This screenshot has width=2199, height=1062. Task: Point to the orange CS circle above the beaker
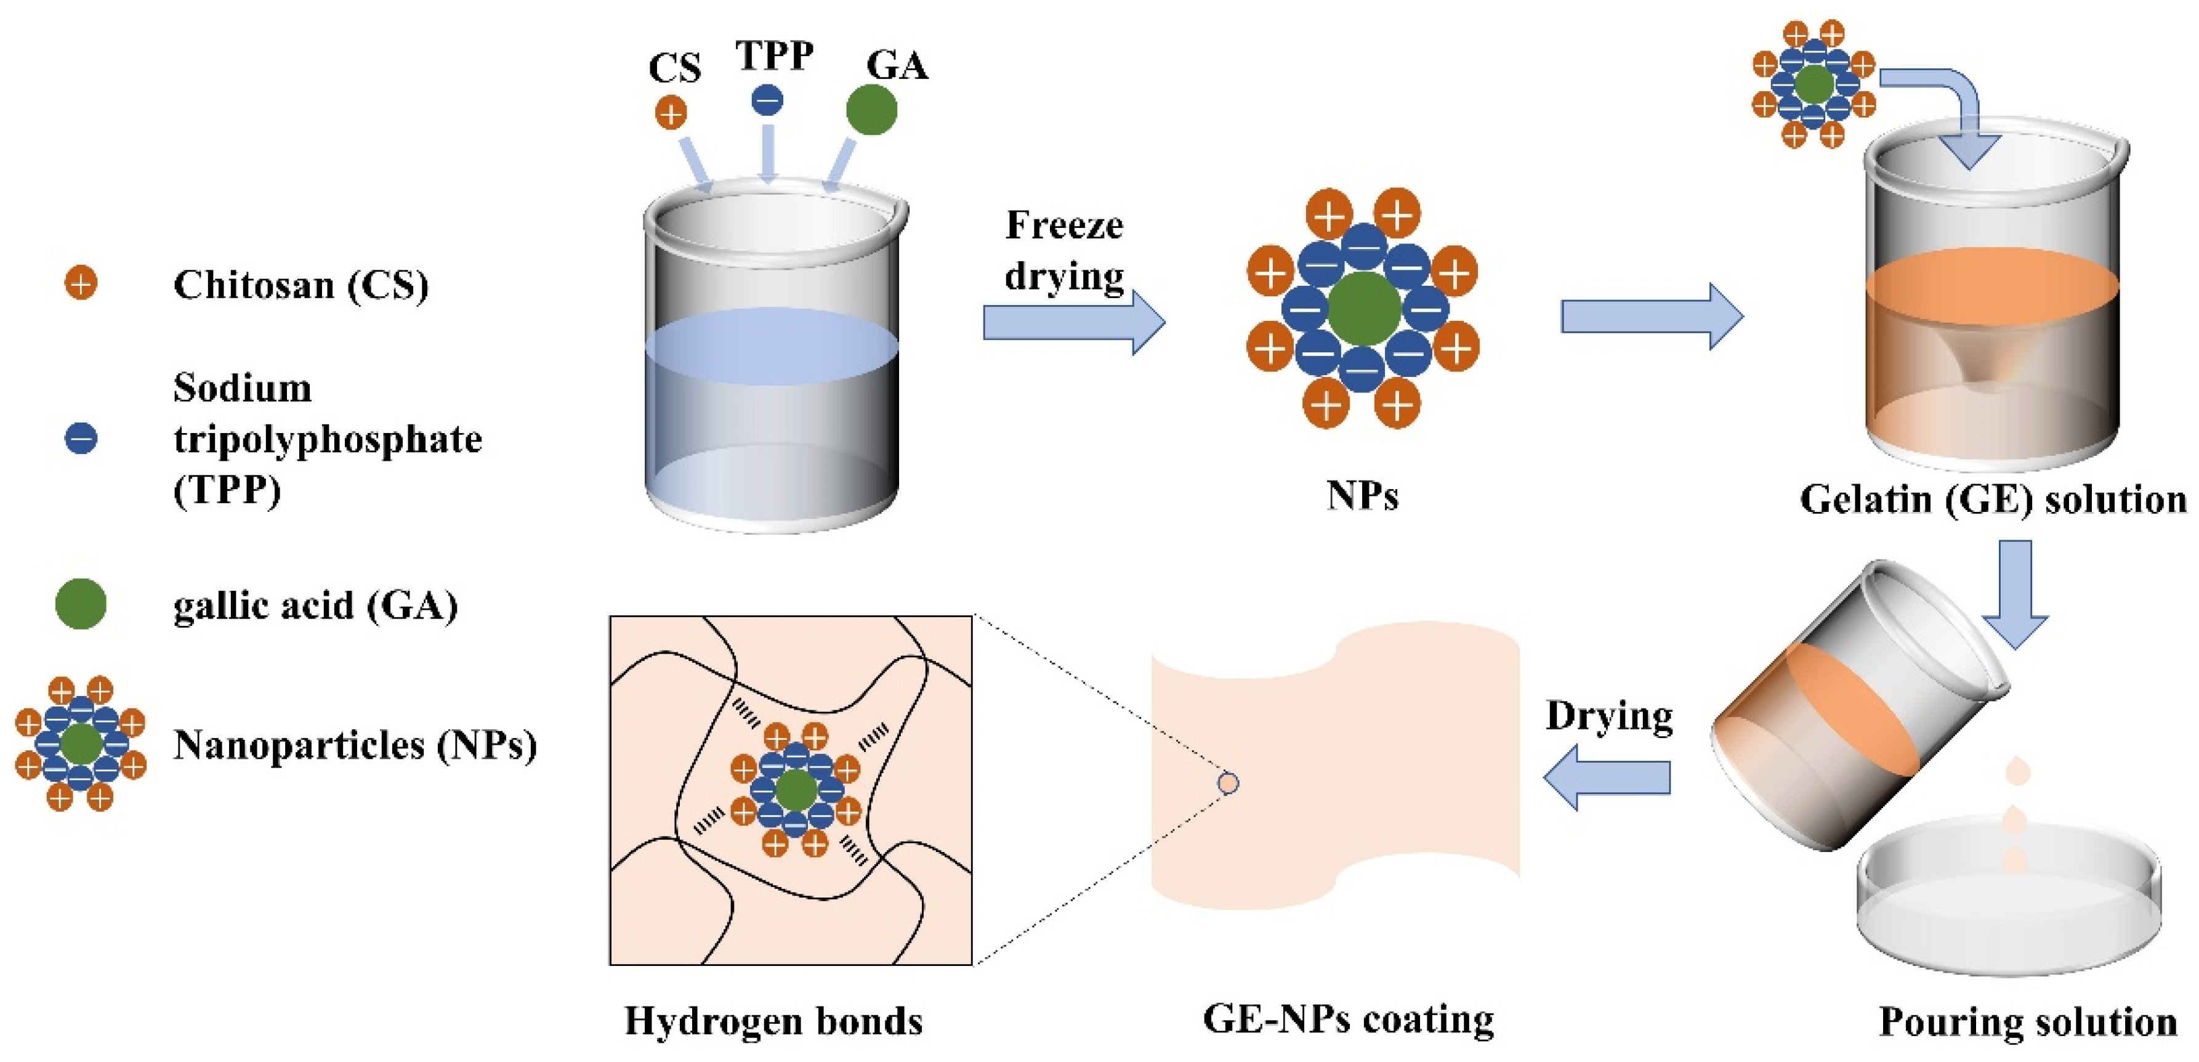[671, 113]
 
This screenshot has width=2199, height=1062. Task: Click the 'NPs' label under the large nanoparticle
[1362, 495]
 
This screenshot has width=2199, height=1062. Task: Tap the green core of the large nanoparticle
[1364, 308]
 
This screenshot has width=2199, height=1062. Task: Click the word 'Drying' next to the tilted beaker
[1609, 715]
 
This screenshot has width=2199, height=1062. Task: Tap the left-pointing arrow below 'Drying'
[1605, 777]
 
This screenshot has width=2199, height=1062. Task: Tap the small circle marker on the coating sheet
[1229, 783]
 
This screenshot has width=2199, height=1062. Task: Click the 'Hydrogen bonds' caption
[773, 1021]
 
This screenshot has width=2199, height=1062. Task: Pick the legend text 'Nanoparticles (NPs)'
[355, 745]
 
